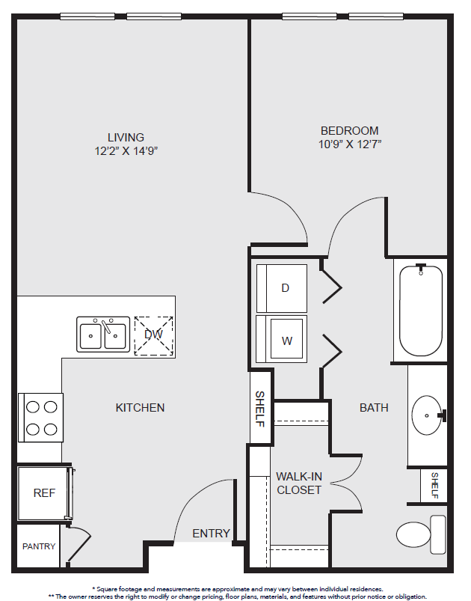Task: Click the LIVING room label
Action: point(126,137)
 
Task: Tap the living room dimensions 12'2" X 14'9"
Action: point(126,151)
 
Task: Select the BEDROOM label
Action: point(350,131)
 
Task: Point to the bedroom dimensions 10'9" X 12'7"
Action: point(350,144)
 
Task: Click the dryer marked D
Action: point(281,288)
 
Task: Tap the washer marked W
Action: point(281,339)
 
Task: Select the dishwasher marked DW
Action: point(153,336)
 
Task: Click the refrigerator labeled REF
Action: point(44,493)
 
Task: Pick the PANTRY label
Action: point(39,546)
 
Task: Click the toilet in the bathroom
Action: point(421,534)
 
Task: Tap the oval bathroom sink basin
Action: point(427,415)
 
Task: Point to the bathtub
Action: point(421,311)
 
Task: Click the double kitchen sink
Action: point(103,335)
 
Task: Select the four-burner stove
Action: point(40,418)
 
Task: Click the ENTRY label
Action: point(211,533)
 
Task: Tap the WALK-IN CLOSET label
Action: point(299,483)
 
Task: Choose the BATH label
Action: point(374,407)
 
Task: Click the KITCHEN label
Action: point(140,407)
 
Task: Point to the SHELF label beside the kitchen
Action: point(260,409)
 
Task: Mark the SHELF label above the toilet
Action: point(434,485)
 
